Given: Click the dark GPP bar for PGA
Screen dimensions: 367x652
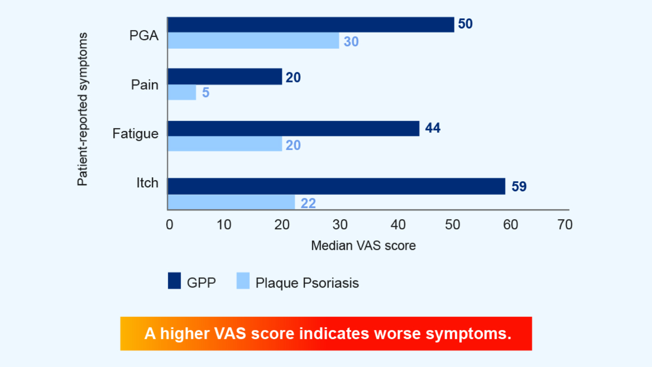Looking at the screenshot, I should tap(310, 25).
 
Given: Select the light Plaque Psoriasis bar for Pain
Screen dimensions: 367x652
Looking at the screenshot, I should tap(182, 92).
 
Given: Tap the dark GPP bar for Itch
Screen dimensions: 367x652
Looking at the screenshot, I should tap(336, 186).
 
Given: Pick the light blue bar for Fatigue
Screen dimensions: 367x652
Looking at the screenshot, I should tap(225, 144).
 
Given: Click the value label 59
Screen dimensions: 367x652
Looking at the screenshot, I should tap(519, 186).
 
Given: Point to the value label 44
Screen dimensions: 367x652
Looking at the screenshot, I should tap(432, 128).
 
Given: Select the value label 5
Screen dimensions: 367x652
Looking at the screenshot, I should tap(206, 92).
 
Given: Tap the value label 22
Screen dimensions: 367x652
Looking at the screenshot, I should tap(308, 203).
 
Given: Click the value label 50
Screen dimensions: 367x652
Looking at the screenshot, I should tap(465, 24).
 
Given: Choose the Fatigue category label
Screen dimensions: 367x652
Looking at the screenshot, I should tap(135, 134).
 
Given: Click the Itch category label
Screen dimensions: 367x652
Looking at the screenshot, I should tap(147, 183).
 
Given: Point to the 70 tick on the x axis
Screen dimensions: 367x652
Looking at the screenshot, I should tap(565, 225).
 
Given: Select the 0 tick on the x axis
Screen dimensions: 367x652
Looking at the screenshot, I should tap(169, 225).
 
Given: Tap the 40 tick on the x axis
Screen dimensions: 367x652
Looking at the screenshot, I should tap(398, 225).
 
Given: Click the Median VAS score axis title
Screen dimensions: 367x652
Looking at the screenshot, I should tap(363, 246).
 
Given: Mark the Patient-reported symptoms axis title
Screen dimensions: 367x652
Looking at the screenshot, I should tap(82, 109).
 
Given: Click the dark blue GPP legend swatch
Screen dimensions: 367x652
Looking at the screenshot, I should tap(174, 281).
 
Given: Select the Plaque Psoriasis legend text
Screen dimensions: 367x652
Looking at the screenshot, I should tap(307, 283).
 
